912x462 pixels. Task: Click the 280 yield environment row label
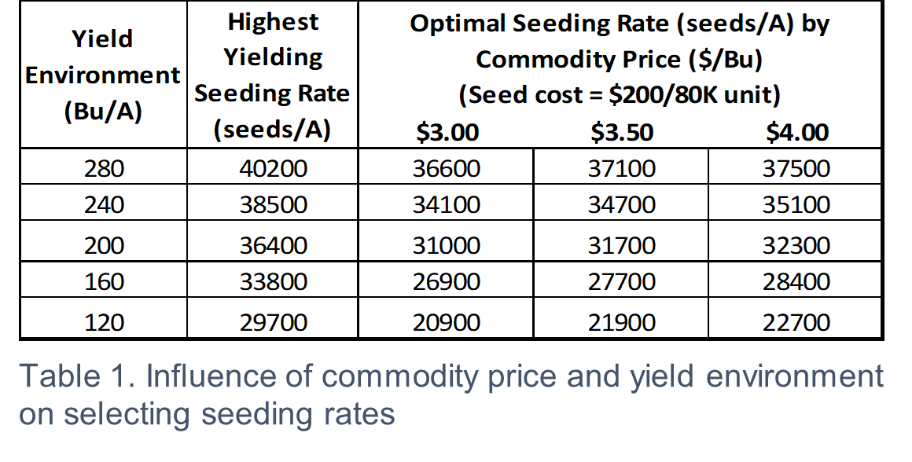point(104,168)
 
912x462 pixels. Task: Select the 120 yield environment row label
point(104,322)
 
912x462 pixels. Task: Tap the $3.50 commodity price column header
point(621,132)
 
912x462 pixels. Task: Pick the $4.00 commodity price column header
point(796,132)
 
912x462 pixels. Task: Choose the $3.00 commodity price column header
point(446,132)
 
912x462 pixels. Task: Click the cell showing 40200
point(273,168)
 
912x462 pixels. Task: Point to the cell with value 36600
point(446,168)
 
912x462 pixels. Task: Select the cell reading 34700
point(621,205)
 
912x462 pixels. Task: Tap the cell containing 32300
point(796,245)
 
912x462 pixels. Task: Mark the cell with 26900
point(446,281)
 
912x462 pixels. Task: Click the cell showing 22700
point(796,322)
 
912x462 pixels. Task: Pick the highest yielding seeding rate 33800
point(273,281)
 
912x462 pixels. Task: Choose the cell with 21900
point(621,322)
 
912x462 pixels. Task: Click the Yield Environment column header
point(103,75)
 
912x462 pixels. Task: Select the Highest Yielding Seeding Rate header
point(273,75)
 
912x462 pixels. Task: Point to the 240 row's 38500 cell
point(273,205)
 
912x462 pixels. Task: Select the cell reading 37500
point(796,168)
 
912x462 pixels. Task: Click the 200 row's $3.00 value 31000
point(446,245)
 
